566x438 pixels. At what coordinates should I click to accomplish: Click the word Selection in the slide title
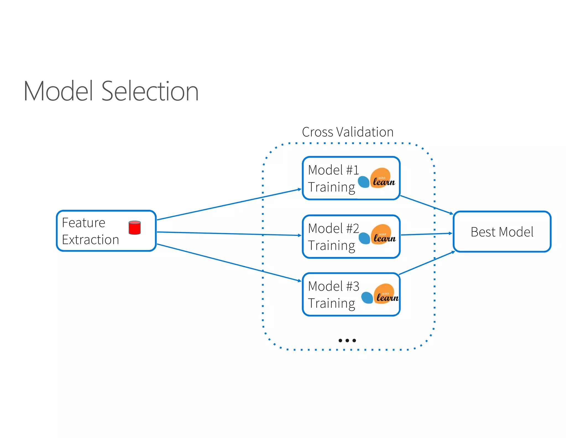150,91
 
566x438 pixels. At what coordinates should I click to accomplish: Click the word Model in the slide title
58,91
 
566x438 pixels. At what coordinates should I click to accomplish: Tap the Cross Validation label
347,132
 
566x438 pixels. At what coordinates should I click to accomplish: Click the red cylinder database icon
135,228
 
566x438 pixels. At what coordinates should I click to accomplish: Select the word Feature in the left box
83,223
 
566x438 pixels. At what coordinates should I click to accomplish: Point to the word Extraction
90,240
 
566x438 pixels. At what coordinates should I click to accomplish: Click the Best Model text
502,232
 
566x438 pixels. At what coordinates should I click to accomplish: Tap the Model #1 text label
333,170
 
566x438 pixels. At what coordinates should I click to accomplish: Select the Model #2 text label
333,229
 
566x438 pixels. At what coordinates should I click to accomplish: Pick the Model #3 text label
333,286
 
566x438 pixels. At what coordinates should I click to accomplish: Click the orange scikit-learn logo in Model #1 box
382,178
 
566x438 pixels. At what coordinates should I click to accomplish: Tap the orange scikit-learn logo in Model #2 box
382,235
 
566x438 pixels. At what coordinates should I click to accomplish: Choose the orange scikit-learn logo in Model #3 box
385,294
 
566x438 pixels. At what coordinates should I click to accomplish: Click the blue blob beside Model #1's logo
364,182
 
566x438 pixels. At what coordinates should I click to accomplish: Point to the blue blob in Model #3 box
367,298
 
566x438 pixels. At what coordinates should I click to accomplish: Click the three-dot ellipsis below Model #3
347,340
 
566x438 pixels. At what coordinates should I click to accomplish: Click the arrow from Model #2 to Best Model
426,234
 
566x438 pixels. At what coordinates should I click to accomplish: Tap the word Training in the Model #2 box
331,246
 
